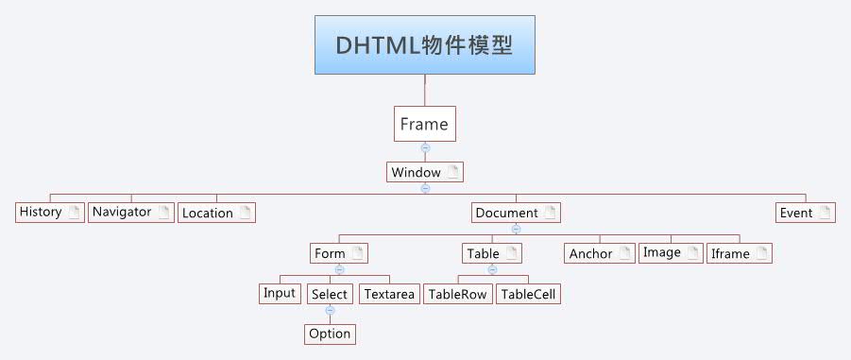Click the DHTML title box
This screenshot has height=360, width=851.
tap(424, 44)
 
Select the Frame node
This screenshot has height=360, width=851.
tap(424, 124)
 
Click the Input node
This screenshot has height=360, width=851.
tap(281, 293)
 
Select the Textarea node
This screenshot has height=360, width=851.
tap(389, 294)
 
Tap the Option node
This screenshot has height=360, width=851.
tap(330, 334)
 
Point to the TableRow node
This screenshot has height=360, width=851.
tap(457, 294)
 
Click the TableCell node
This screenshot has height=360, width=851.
tap(529, 294)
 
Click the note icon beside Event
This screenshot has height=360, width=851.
tap(825, 213)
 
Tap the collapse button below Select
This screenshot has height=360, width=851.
tap(330, 310)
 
